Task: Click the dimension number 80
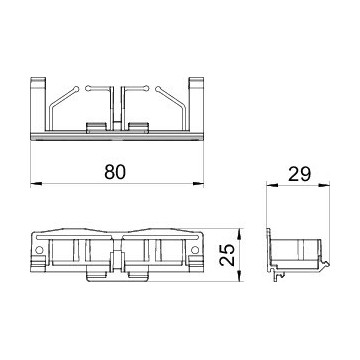tap(115, 172)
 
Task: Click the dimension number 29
tap(299, 174)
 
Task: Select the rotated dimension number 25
tap(228, 255)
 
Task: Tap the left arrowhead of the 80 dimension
tap(36, 183)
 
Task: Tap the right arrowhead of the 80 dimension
tap(198, 183)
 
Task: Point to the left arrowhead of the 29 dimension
tap(272, 185)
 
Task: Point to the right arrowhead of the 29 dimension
tap(324, 185)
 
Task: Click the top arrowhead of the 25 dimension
tap(239, 234)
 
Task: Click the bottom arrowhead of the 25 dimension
tap(239, 276)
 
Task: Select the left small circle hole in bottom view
tap(39, 250)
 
